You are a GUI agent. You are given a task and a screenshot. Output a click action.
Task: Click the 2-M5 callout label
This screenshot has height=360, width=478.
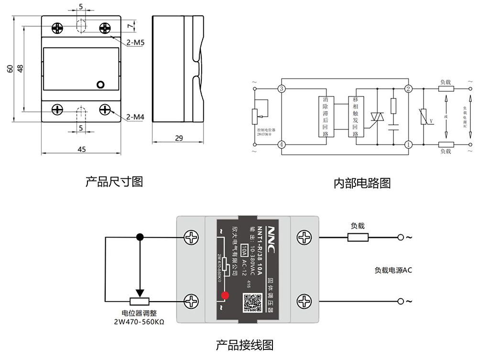pos(136,43)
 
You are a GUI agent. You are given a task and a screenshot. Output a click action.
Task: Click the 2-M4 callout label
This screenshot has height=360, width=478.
pos(136,117)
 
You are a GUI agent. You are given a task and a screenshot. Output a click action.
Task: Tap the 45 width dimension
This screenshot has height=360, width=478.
pos(82,149)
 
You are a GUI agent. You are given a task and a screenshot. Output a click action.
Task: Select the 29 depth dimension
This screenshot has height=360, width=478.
pos(179,139)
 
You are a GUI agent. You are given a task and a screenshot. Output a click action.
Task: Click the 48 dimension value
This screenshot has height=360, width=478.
pos(20,68)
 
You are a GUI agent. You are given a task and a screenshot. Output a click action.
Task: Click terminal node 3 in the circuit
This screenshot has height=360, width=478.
pos(282,89)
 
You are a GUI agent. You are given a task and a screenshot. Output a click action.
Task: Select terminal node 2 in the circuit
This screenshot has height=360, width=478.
pos(408,89)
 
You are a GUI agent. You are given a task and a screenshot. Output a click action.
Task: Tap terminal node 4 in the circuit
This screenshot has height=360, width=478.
pos(282,144)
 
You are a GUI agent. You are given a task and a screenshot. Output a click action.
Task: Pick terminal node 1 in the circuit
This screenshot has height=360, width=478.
pos(408,144)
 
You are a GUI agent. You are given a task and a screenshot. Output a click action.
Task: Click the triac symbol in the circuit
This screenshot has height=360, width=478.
pos(376,117)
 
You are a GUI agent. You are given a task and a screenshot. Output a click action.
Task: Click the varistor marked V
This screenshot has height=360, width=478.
pos(424,117)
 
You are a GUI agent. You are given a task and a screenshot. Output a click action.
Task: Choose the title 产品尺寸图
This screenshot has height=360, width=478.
pos(114,182)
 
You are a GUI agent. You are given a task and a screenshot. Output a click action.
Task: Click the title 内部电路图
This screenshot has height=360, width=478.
pos(362,183)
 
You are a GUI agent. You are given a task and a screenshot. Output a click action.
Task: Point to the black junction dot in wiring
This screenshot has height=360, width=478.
pos(140,237)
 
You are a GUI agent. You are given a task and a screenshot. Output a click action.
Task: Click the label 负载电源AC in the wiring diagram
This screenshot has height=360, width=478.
pos(393,270)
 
